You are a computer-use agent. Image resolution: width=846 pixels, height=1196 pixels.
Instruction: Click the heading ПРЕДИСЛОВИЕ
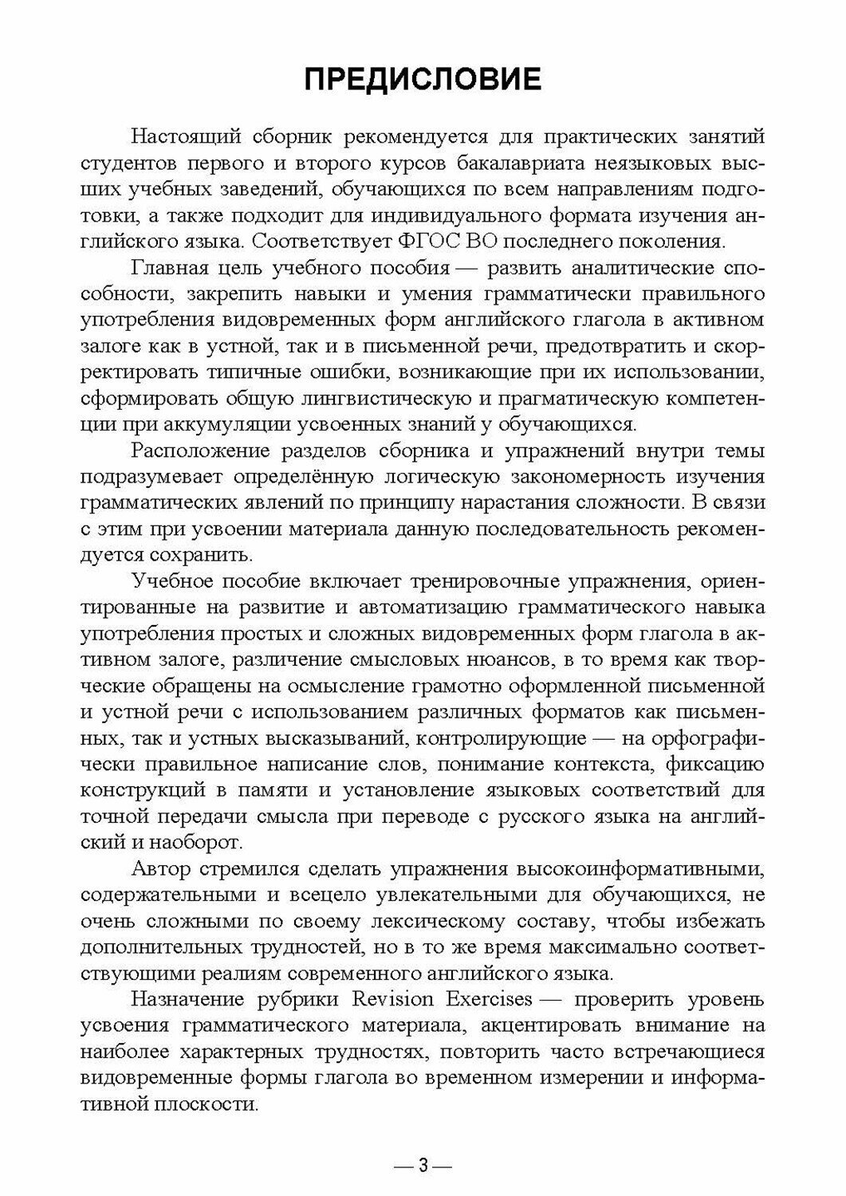point(423,81)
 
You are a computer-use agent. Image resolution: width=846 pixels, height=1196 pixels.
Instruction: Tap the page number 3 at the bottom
point(423,1166)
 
